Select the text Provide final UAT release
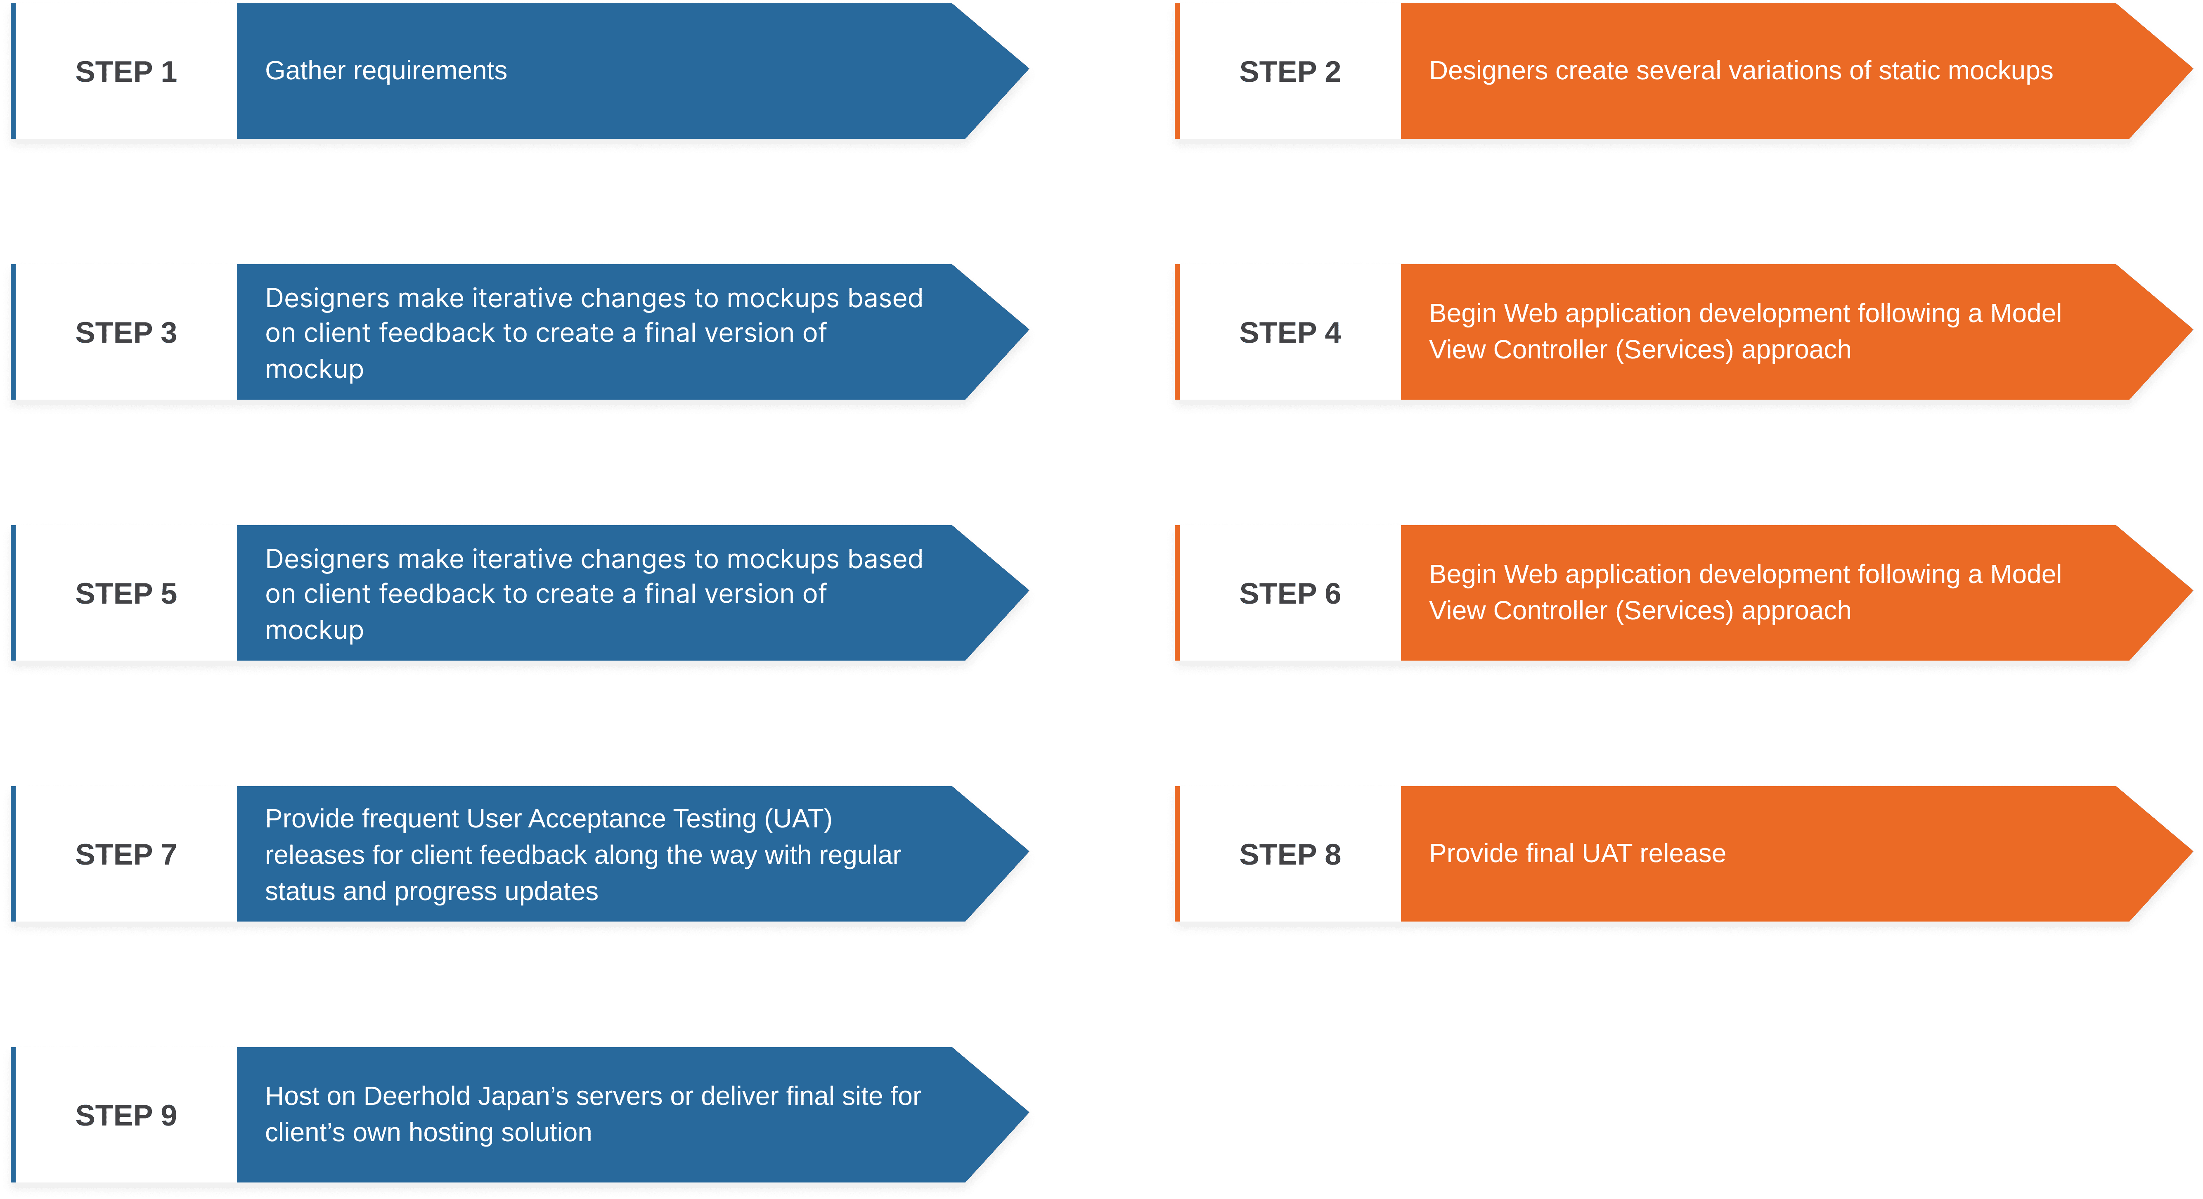click(x=1577, y=853)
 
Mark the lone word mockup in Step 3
click(x=314, y=370)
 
